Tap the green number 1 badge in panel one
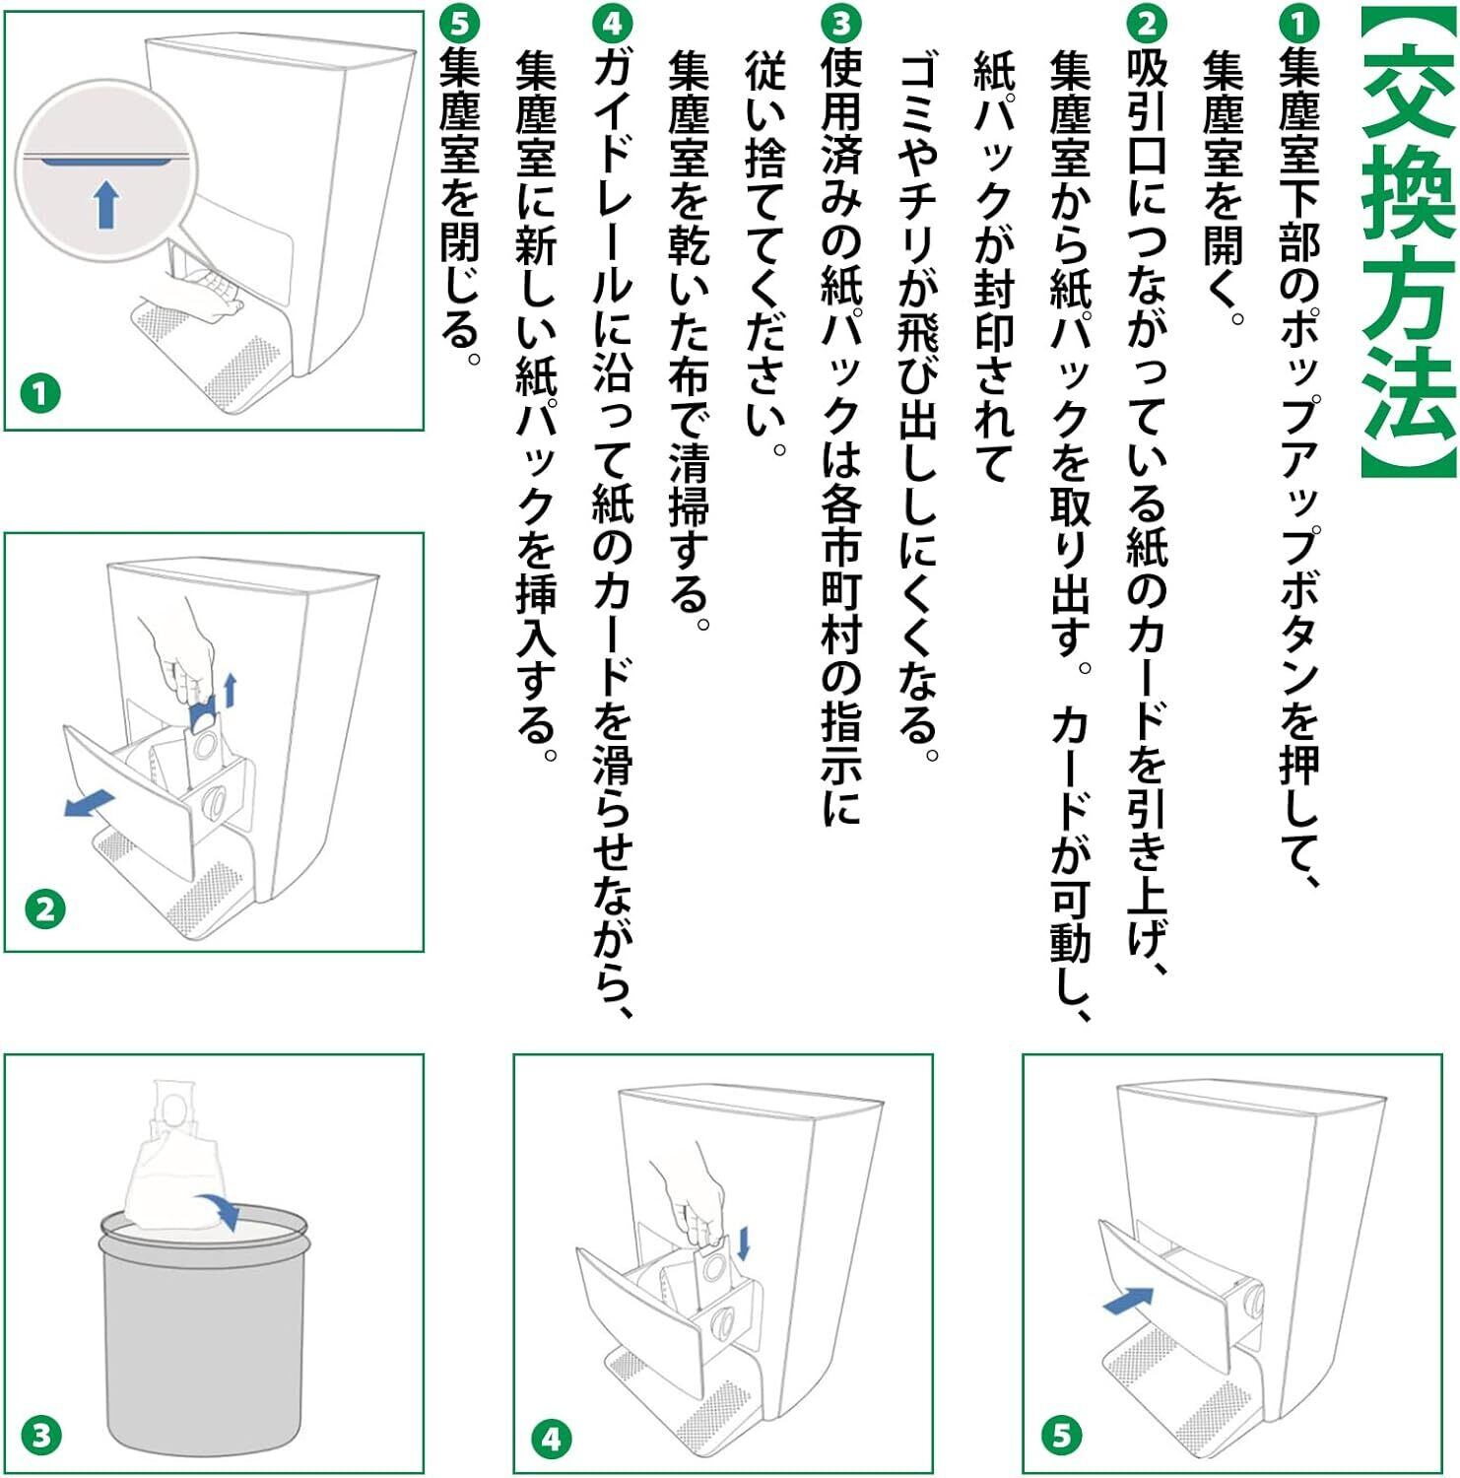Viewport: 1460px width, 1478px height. [x=40, y=394]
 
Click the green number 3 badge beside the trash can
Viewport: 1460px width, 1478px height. [x=40, y=1435]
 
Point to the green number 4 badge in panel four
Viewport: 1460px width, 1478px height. [x=552, y=1439]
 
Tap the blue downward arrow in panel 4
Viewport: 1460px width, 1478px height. [x=743, y=1243]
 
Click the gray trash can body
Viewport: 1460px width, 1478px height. [x=204, y=1340]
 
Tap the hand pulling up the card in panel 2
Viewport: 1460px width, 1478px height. [x=177, y=655]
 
